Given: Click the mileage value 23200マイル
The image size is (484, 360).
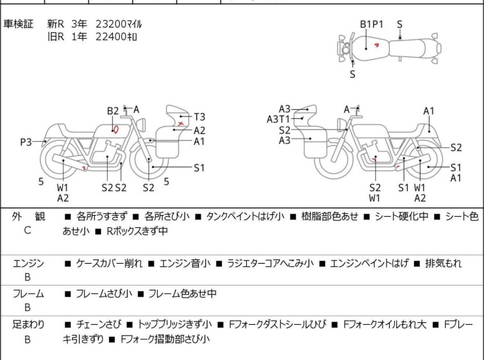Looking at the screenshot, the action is (x=119, y=24).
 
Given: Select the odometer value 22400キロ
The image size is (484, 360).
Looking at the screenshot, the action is (x=116, y=37).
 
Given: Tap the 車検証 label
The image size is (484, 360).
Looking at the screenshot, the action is (x=18, y=24).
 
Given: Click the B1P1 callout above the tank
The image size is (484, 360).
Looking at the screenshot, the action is (x=371, y=24).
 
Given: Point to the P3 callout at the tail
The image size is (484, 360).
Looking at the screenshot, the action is (x=26, y=142).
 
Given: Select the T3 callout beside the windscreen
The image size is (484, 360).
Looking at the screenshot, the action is (x=199, y=117).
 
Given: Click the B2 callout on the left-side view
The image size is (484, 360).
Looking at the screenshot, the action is (x=113, y=111).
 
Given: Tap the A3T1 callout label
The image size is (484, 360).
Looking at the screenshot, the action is (x=278, y=119).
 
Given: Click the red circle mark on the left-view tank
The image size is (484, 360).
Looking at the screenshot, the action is (x=116, y=130).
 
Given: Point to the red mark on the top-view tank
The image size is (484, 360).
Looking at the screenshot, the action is (x=376, y=45).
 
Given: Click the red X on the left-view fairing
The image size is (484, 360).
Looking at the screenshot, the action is (x=181, y=124).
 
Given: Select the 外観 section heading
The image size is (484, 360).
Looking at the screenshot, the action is (x=28, y=216).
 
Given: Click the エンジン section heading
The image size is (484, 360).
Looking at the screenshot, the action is (x=28, y=263).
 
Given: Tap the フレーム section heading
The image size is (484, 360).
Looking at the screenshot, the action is (x=28, y=293).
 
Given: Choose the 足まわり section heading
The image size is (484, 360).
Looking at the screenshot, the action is (x=28, y=324).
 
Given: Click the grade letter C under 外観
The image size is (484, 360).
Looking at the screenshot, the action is (x=28, y=230).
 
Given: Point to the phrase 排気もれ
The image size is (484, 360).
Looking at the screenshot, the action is (x=443, y=263).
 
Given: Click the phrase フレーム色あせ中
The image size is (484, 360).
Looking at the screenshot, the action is (x=183, y=293).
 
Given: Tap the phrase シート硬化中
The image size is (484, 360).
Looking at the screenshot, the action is (x=401, y=216).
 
